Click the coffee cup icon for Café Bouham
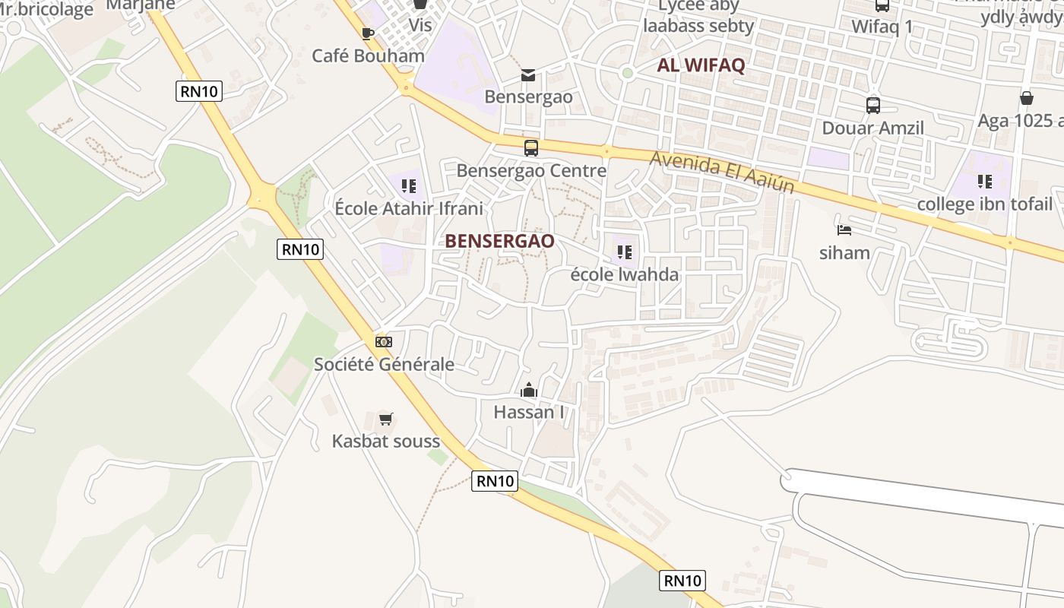[368, 33]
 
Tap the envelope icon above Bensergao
[528, 74]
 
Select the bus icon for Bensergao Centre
[531, 148]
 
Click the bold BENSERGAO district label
[499, 241]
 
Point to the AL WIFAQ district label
[701, 65]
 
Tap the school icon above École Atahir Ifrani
[409, 186]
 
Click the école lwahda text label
[625, 274]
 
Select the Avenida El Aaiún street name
[723, 173]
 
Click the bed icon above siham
[844, 230]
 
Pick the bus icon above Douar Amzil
[873, 106]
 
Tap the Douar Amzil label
[873, 128]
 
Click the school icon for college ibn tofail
[985, 182]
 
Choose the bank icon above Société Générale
[384, 342]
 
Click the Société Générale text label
[384, 364]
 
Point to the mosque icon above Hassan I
[529, 391]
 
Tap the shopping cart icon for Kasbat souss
[386, 420]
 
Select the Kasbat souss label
[386, 441]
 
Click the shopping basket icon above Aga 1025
[1027, 98]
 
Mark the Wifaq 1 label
[882, 27]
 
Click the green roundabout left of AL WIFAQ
[627, 73]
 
